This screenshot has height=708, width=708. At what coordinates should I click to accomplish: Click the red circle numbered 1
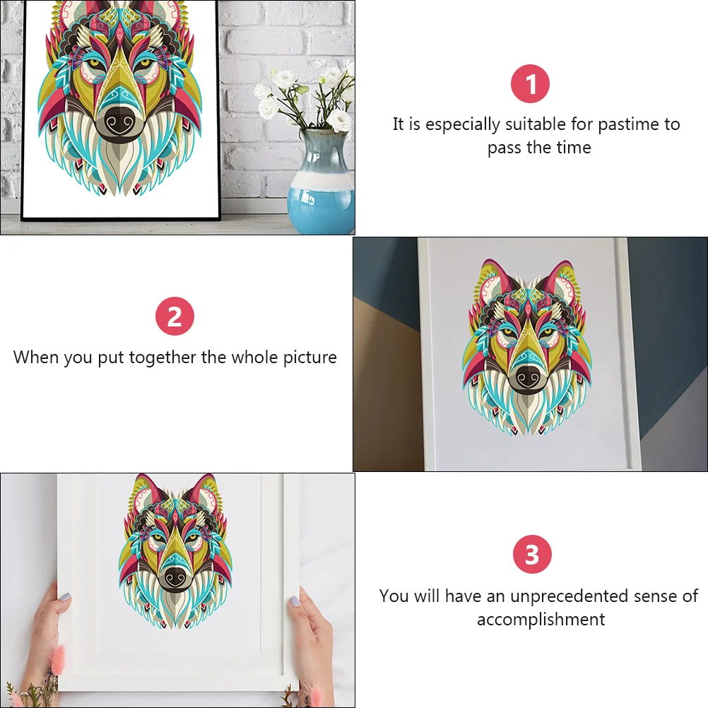pos(530,83)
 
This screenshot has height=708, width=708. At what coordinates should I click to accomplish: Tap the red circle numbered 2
pos(175,316)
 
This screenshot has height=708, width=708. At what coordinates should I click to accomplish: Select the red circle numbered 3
pos(532,554)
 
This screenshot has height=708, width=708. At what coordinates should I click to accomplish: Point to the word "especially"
pos(462,124)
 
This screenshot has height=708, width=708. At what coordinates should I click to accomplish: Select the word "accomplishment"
pos(541,620)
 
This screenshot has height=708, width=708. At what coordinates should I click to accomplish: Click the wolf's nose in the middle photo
pos(529,375)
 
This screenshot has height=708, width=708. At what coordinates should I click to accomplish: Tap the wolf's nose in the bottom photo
pos(175,576)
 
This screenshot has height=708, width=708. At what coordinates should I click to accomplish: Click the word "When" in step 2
pos(36,358)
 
